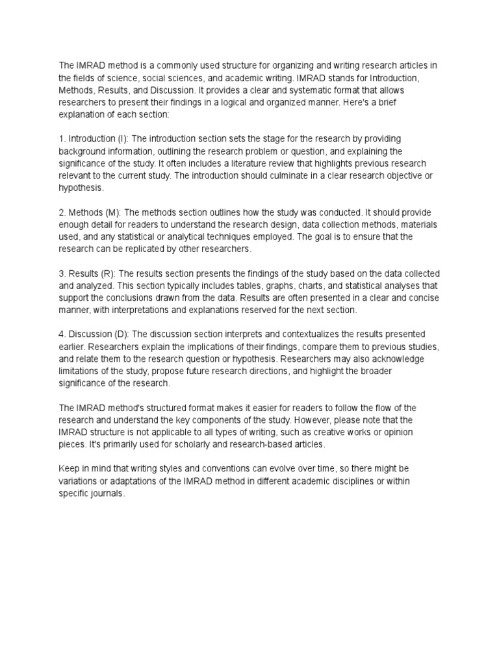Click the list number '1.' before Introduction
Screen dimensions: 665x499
coord(62,139)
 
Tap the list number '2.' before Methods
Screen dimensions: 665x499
coord(62,213)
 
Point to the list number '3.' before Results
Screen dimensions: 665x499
coord(62,273)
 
